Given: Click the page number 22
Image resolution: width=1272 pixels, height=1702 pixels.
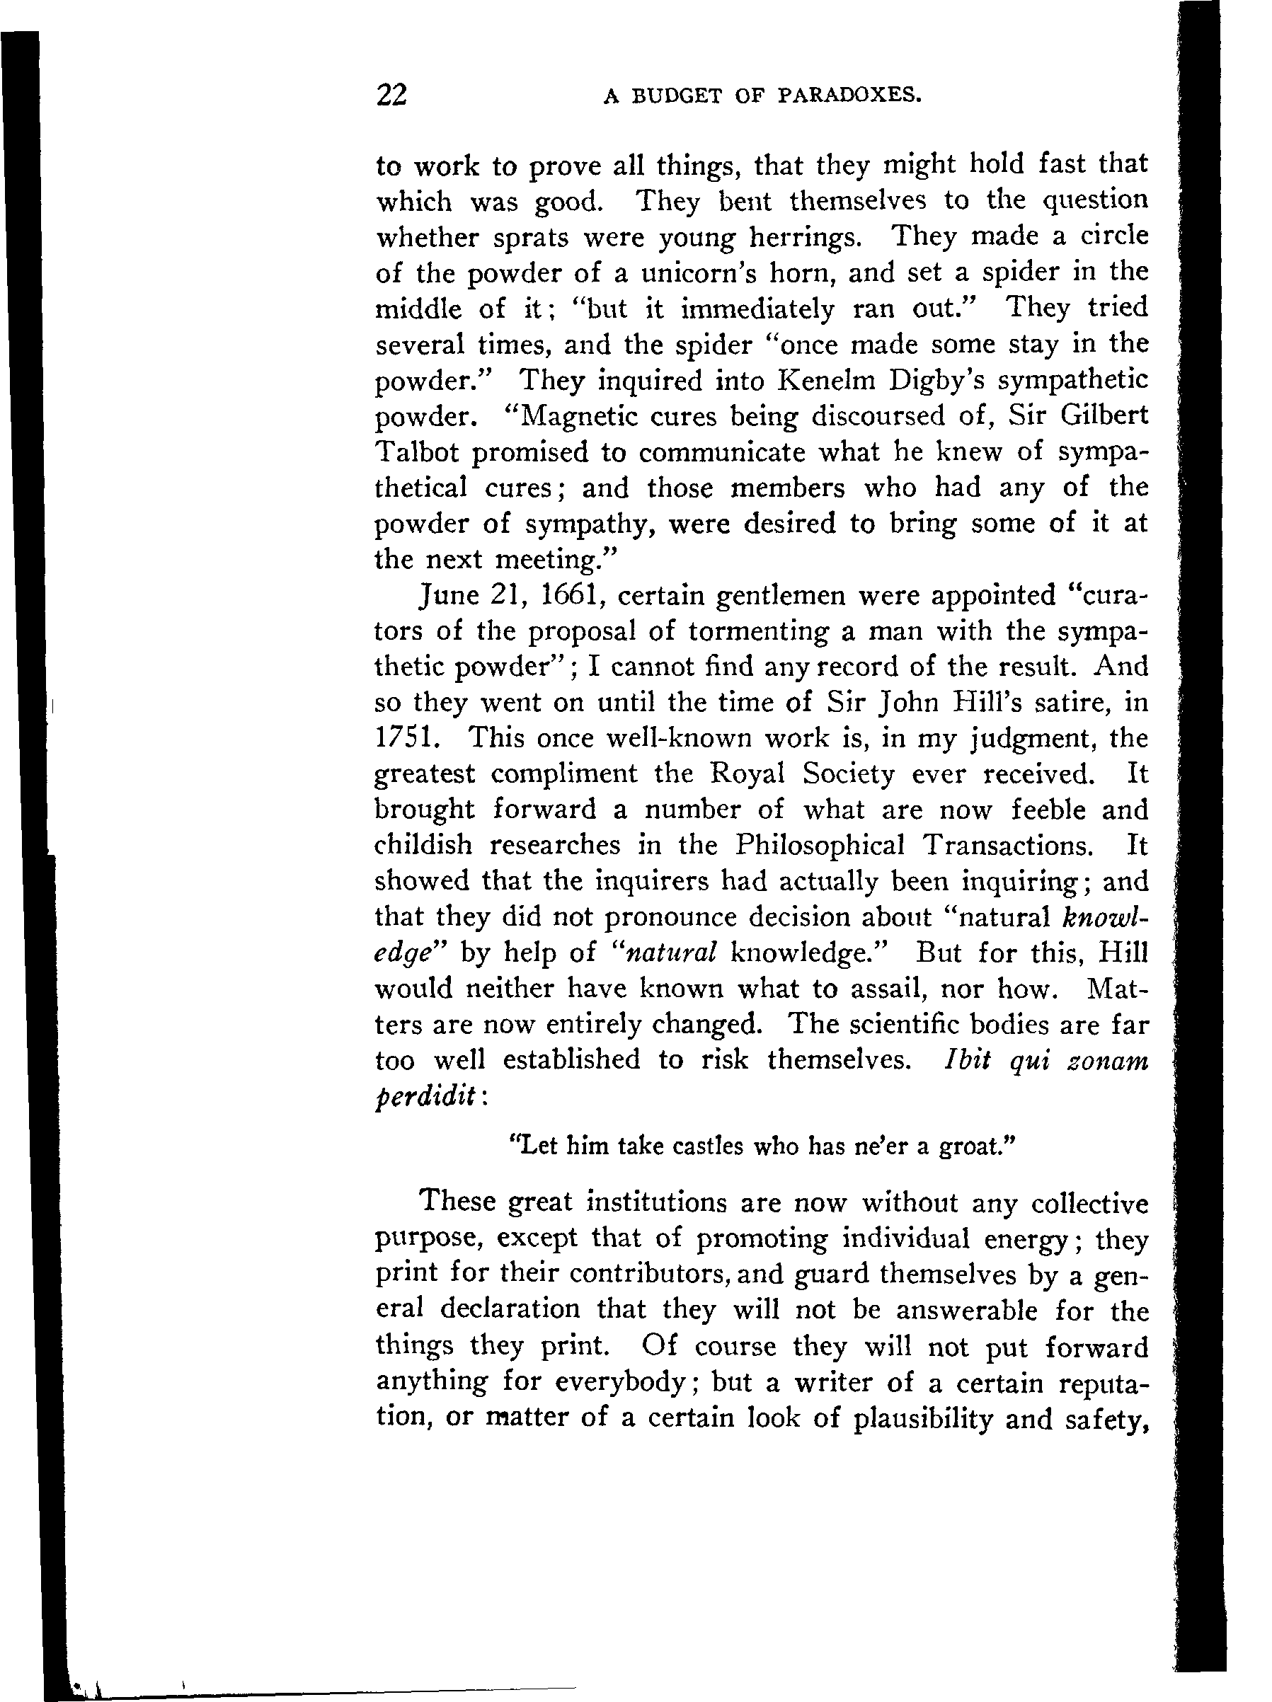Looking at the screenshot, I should [x=391, y=95].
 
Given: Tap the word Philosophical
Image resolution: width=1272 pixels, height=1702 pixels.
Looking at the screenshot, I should [x=819, y=846].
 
